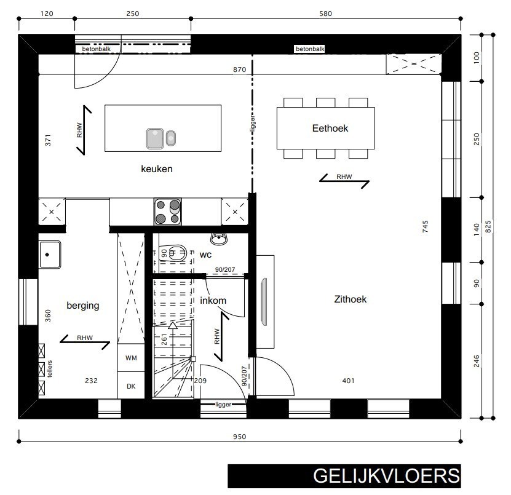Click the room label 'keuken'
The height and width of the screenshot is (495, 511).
[156, 168]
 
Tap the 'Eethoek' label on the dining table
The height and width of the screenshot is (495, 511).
[326, 128]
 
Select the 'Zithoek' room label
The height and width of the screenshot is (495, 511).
[350, 299]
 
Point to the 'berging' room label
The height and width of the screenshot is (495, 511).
[82, 305]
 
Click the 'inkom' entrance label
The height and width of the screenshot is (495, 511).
[213, 301]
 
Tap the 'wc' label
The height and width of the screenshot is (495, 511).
[205, 254]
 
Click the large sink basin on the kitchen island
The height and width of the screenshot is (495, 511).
[154, 138]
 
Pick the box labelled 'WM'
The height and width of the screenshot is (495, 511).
[131, 357]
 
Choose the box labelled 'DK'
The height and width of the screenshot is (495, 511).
[131, 386]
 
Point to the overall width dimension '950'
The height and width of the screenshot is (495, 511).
[239, 437]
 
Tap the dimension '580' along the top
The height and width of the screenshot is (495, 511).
[325, 13]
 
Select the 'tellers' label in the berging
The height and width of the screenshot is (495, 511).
[50, 368]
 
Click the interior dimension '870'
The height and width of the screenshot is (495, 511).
[239, 71]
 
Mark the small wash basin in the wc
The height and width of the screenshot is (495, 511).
[219, 237]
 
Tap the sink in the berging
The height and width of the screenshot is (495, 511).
[50, 254]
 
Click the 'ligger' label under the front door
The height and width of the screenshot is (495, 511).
[223, 405]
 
